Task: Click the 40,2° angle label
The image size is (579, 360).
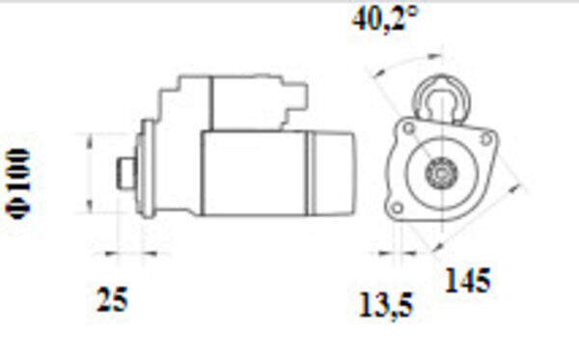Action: point(385,19)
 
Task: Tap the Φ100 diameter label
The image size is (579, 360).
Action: point(17,183)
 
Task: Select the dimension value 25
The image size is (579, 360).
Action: point(112,299)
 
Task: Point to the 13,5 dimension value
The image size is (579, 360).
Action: point(385,305)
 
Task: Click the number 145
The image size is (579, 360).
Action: point(468,281)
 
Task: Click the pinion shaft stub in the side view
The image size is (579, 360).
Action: point(125,173)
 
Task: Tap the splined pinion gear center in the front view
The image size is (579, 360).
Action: point(441,173)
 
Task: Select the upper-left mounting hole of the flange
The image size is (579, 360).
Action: point(409,129)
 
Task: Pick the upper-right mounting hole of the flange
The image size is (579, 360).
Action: point(486,139)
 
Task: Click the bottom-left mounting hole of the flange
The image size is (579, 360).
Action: point(397,208)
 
